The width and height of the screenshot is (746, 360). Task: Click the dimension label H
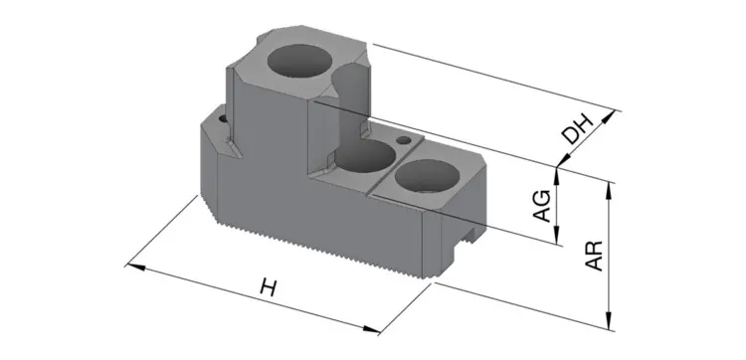click(x=269, y=287)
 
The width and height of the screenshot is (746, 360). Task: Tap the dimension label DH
click(x=578, y=129)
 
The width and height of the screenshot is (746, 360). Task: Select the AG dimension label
click(x=541, y=206)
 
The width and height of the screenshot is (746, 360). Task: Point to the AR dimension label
click(x=594, y=256)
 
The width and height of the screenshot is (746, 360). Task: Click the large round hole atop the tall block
click(x=299, y=61)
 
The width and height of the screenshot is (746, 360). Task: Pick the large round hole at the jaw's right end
click(x=428, y=176)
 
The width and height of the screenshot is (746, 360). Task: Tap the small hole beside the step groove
click(x=404, y=140)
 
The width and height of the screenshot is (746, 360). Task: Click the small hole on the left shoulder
click(x=222, y=118)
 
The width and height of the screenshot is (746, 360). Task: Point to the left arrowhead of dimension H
click(x=135, y=267)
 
